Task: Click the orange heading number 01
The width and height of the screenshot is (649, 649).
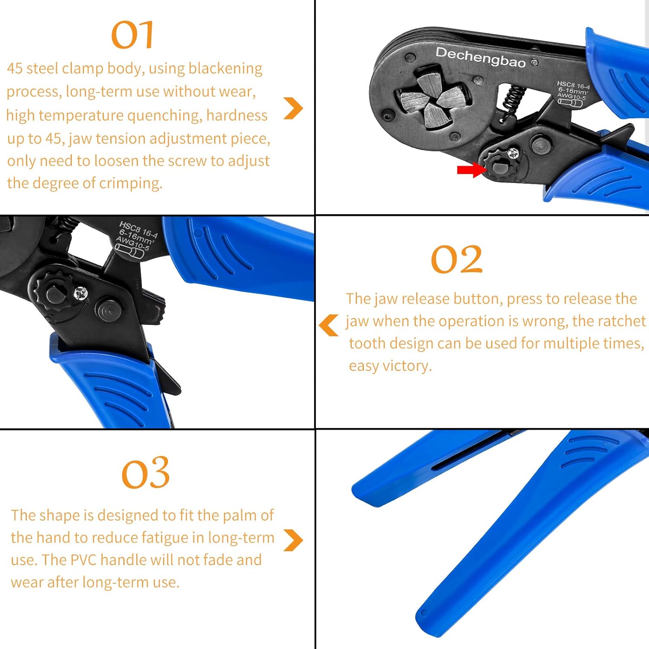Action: [x=132, y=35]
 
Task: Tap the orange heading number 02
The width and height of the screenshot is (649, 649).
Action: [x=456, y=259]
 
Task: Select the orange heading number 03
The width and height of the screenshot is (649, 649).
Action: [x=145, y=472]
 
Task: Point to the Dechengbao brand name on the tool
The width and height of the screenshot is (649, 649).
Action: [x=480, y=58]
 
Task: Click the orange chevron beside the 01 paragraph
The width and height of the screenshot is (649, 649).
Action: [x=293, y=108]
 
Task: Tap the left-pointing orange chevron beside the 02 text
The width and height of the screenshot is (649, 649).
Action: [x=329, y=325]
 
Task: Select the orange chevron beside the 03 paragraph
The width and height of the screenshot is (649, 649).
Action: [x=293, y=540]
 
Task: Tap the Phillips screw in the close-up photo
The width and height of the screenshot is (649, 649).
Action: [x=80, y=294]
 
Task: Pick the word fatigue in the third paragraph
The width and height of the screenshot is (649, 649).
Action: [x=158, y=538]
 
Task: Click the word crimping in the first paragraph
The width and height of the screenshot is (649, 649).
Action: [x=130, y=183]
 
